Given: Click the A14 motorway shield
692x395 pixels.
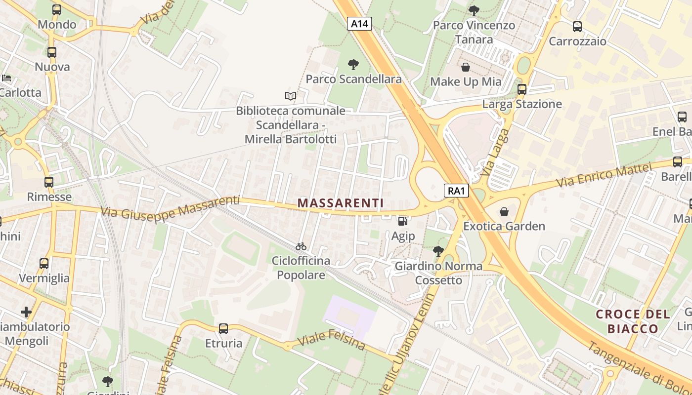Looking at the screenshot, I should (x=359, y=23).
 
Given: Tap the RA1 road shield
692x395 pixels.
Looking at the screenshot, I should (x=456, y=191).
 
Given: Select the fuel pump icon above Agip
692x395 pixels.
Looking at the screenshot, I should (x=403, y=222).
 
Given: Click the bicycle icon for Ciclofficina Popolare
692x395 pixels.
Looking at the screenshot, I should (x=301, y=246).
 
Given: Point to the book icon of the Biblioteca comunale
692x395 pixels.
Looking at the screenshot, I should (x=291, y=96).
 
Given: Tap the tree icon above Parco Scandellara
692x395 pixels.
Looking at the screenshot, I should (x=353, y=64).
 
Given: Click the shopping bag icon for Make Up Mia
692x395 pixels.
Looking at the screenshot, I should (x=466, y=67).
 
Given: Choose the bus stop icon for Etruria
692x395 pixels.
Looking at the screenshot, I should (x=223, y=328).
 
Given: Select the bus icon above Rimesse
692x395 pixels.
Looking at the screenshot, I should (x=49, y=182).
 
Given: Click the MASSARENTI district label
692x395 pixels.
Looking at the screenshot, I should (x=341, y=203).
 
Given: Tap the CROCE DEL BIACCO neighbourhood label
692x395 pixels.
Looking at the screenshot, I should (x=633, y=321).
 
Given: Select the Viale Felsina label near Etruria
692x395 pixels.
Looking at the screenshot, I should (x=332, y=339).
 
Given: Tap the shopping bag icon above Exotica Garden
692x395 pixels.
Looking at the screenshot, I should (x=504, y=212).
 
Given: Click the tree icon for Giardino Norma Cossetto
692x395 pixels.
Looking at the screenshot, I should (x=438, y=251).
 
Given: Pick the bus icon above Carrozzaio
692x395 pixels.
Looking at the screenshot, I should (x=577, y=27).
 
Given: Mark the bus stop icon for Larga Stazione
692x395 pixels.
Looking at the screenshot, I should (x=522, y=89).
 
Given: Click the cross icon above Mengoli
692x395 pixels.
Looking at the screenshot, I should (x=26, y=312).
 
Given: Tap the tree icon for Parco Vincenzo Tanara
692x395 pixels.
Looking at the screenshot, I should (x=474, y=10).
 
